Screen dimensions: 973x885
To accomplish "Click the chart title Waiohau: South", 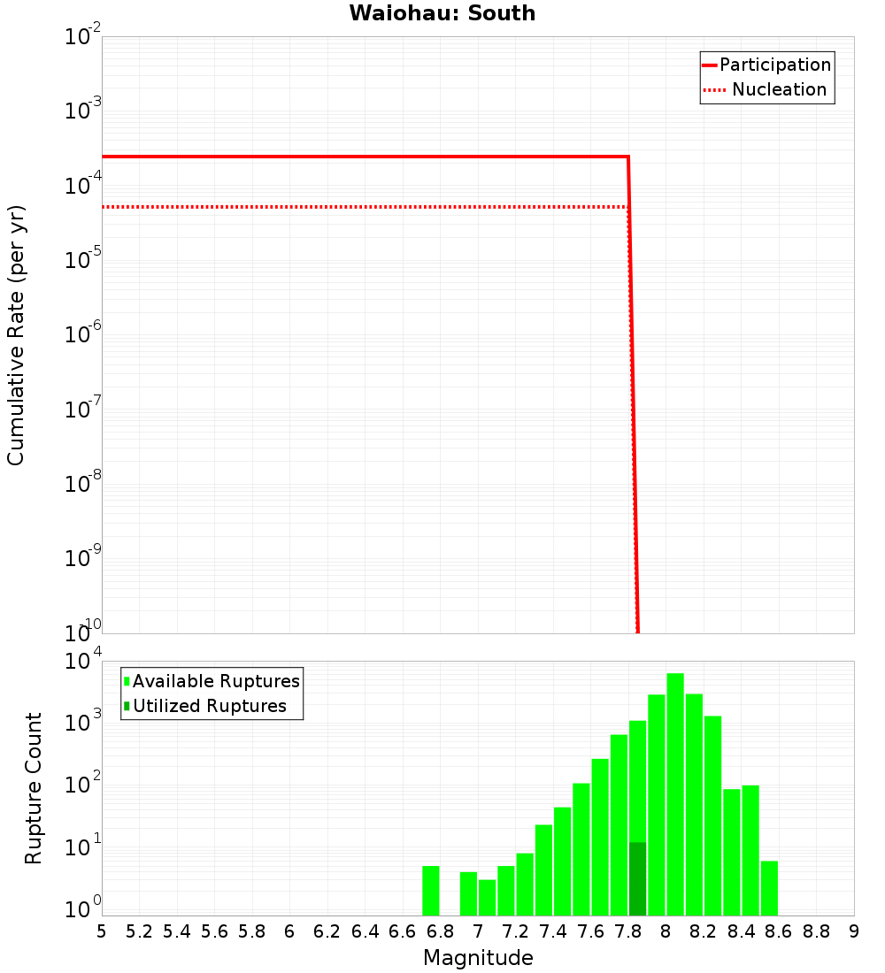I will coord(442,13).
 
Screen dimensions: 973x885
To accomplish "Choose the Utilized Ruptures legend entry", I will coord(209,706).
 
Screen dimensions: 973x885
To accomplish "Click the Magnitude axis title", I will coord(478,958).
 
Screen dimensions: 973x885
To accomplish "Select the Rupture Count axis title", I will coord(34,787).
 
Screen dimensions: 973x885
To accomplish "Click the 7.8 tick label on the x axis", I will coord(628,931).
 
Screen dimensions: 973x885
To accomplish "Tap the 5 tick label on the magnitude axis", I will coord(102,931).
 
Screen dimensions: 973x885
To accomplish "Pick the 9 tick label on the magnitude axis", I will coord(854,931).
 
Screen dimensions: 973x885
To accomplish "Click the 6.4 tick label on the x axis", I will coord(365,931).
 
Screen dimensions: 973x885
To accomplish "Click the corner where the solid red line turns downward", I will coord(627,157).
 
